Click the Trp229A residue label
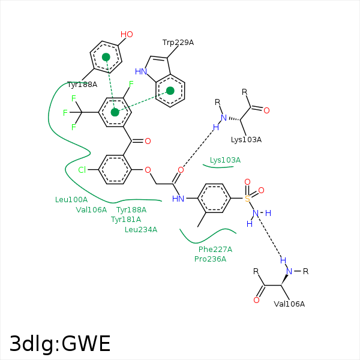tap(178, 43)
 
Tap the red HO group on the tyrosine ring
tap(127, 34)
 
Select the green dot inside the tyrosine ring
tap(106, 57)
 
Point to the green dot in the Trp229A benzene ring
tap(170, 91)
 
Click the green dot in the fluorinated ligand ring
tap(115, 112)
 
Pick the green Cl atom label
tap(82, 170)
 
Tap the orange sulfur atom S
tap(247, 199)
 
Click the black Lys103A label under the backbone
tap(246, 140)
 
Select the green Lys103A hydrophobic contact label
tap(225, 160)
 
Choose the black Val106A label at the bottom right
tap(289, 304)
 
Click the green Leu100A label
tap(71, 200)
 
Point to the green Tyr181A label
tap(126, 220)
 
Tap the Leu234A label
tap(141, 230)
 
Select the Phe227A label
tap(215, 250)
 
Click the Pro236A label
tap(211, 259)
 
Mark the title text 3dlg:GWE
tap(60, 344)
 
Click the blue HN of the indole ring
tap(141, 71)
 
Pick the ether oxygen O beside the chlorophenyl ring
tap(148, 170)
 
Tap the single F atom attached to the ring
tap(131, 84)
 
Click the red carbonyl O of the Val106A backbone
tap(256, 300)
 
